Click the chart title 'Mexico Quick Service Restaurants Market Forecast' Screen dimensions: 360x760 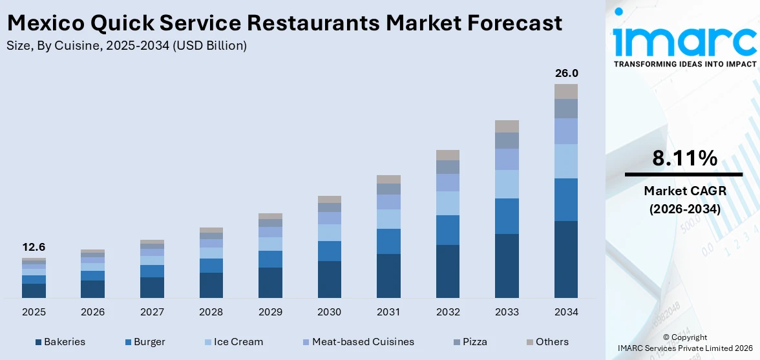pos(284,23)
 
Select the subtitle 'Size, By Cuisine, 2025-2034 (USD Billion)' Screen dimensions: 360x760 pos(126,46)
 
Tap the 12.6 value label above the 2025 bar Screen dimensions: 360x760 pos(34,247)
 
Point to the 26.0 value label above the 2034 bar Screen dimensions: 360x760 pos(566,73)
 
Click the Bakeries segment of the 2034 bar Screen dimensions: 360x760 pos(566,259)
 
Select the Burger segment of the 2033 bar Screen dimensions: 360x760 pos(507,216)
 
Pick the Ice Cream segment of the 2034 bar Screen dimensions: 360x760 pos(566,161)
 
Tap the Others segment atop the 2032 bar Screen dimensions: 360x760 pos(448,155)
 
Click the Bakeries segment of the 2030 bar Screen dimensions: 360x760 pos(330,279)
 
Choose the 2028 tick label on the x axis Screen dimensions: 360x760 pos(211,312)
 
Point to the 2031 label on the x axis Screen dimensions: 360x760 pos(388,312)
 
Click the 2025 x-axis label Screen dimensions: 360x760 pos(34,312)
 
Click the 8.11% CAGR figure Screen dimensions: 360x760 pos(684,158)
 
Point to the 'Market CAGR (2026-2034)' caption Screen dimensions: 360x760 pos(684,200)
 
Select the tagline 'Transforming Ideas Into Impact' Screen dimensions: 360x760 pos(684,64)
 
